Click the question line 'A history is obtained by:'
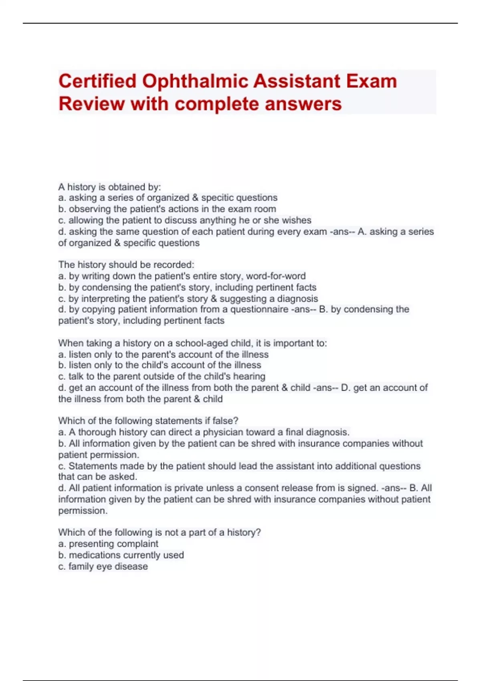tap(109, 187)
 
